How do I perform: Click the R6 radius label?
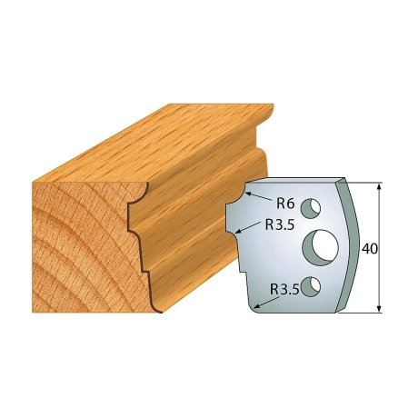pyautogui.click(x=285, y=204)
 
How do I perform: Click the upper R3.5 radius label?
pyautogui.click(x=280, y=225)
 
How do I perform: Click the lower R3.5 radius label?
pyautogui.click(x=284, y=290)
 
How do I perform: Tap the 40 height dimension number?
pyautogui.click(x=369, y=249)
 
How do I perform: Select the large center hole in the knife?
pyautogui.click(x=321, y=246)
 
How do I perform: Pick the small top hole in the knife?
pyautogui.click(x=311, y=208)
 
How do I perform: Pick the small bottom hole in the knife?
pyautogui.click(x=311, y=285)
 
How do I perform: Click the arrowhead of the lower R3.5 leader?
pyautogui.click(x=256, y=308)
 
